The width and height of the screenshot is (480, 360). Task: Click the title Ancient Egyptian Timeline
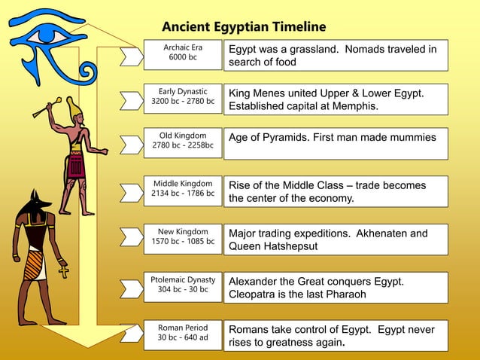coord(244,27)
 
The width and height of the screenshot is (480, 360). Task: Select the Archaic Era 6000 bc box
coord(183,52)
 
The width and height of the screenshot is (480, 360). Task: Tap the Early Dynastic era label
coord(183,96)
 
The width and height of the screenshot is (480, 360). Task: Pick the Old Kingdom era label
coord(183,140)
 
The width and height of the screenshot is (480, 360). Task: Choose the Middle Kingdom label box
coord(183,188)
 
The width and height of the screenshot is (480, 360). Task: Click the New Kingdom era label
coord(183,236)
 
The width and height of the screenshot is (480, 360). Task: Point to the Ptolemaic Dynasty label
coord(183,285)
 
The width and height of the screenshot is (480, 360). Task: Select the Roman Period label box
coord(183,333)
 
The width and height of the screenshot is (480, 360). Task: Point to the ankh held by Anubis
coord(63,269)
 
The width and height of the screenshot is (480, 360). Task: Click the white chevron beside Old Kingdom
coord(132,144)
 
